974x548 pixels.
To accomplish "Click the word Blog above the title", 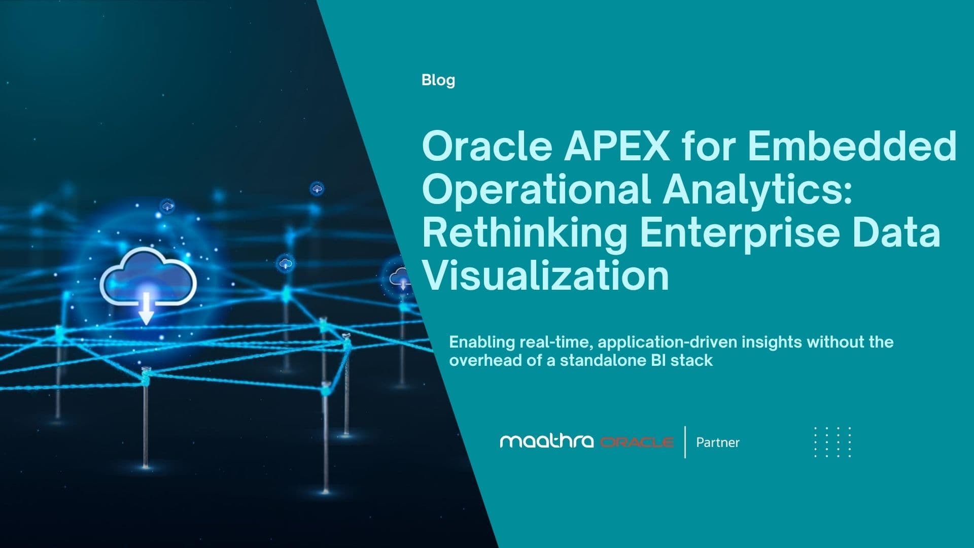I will point(438,80).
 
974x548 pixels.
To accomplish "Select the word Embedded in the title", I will point(852,146).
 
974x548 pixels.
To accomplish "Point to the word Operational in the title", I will point(536,190).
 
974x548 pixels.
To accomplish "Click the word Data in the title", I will point(896,232).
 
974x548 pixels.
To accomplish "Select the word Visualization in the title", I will point(545,276).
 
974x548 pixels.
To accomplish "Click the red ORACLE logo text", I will point(637,442).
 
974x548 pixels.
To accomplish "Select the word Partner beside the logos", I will point(717,442).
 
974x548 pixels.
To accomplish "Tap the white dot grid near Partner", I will point(832,442).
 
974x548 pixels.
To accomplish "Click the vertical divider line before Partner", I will point(685,442).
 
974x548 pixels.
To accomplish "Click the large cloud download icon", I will point(148,277).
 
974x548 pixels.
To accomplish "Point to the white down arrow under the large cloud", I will point(146,309).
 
